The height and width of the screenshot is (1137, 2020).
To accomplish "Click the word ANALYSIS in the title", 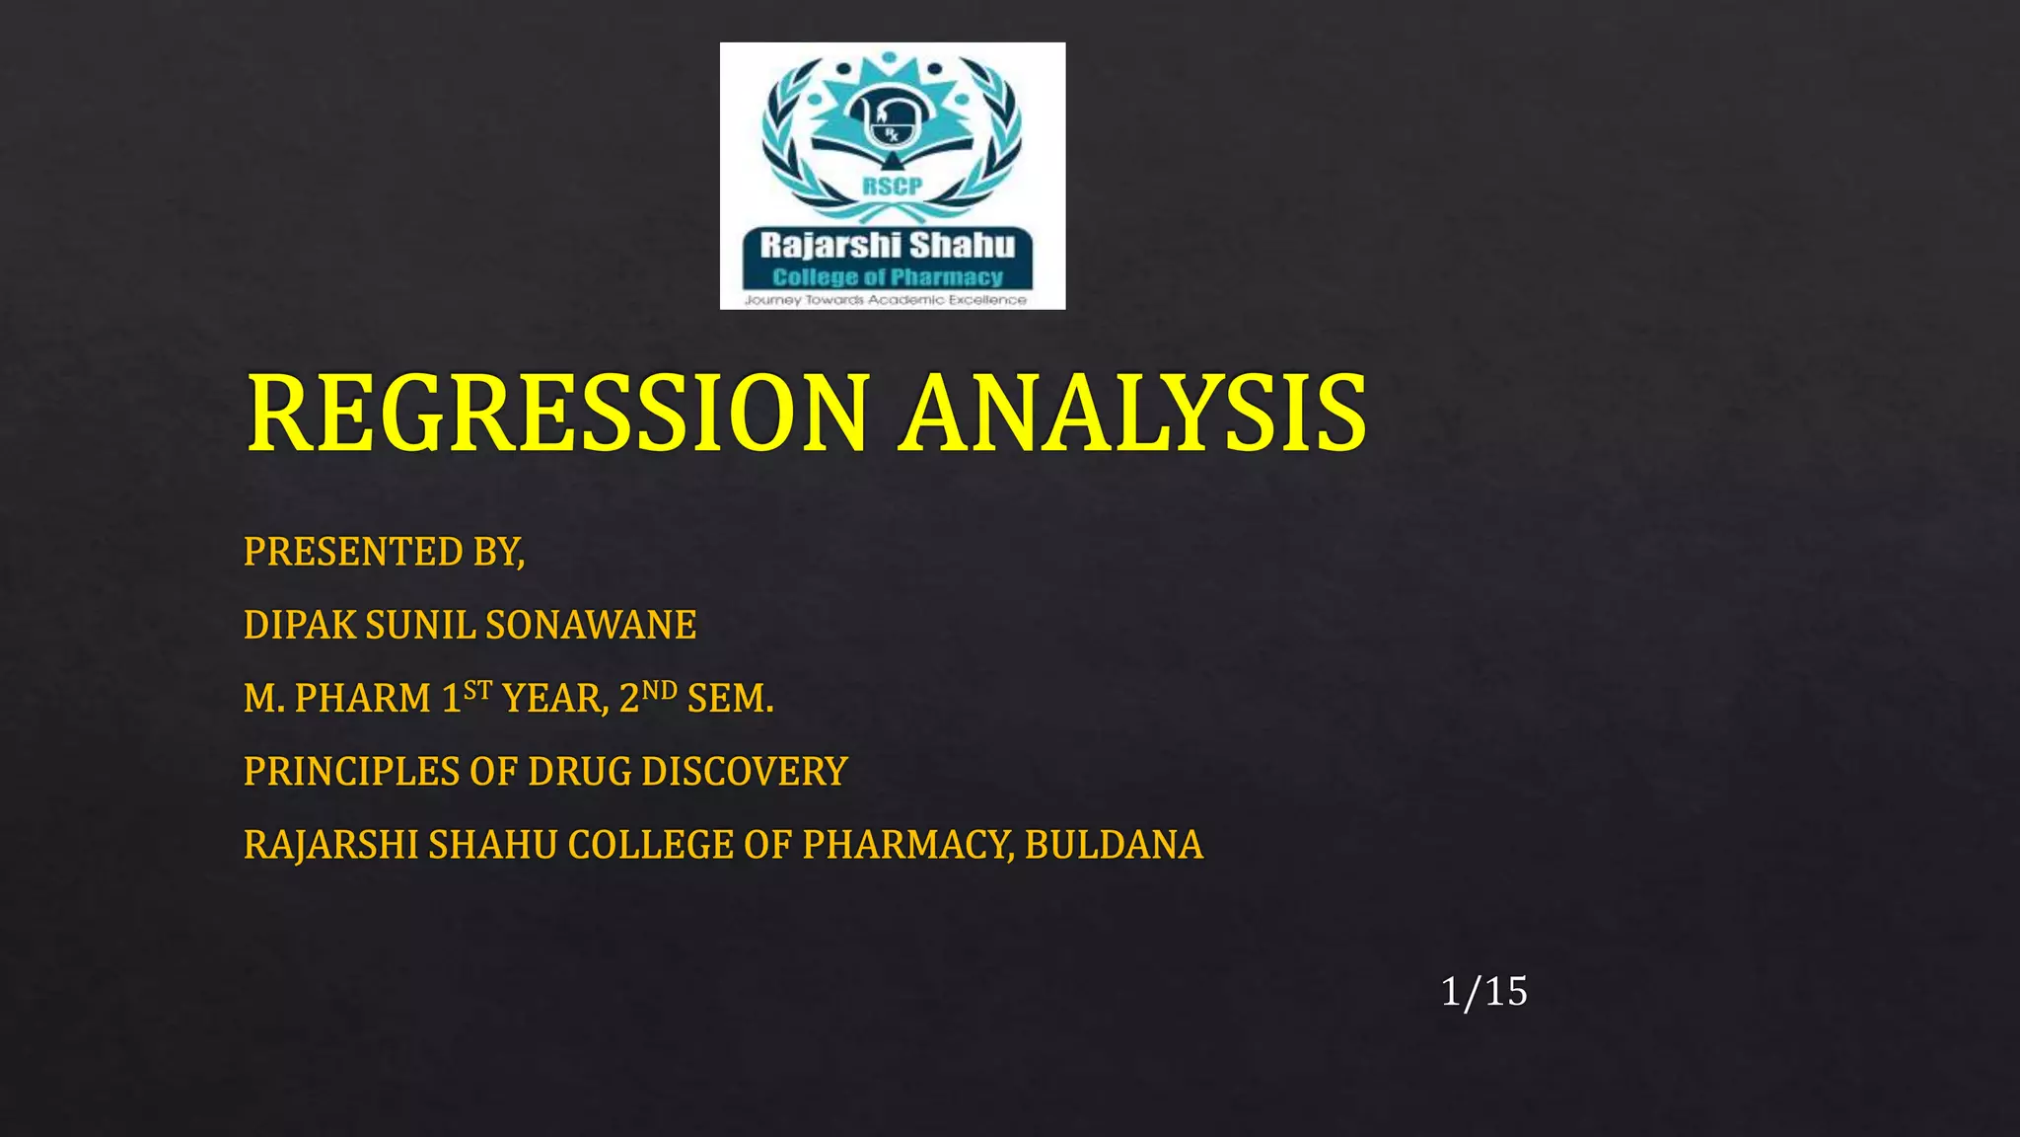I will pyautogui.click(x=1134, y=414).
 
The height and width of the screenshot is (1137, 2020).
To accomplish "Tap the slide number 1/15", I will pyautogui.click(x=1483, y=992).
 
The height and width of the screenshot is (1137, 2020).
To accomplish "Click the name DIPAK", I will pyautogui.click(x=300, y=626).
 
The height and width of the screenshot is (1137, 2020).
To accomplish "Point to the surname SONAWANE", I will pyautogui.click(x=591, y=626).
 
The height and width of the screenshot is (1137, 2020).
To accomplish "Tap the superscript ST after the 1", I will pyautogui.click(x=478, y=690).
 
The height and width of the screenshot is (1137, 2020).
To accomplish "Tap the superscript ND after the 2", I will pyautogui.click(x=660, y=690).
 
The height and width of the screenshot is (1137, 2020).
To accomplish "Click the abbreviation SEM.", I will pyautogui.click(x=730, y=699).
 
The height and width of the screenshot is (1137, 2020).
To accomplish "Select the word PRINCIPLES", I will pyautogui.click(x=351, y=772).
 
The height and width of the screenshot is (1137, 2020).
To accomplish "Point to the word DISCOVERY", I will pyautogui.click(x=745, y=772).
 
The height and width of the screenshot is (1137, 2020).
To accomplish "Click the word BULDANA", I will pyautogui.click(x=1114, y=845).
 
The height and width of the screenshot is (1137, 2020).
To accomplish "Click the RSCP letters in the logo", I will pyautogui.click(x=893, y=187).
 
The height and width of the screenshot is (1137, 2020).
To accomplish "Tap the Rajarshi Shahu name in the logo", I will pyautogui.click(x=888, y=245).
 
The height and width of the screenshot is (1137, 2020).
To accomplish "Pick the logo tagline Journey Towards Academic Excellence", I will pyautogui.click(x=886, y=299).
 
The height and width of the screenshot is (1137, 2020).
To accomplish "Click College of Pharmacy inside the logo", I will pyautogui.click(x=888, y=277).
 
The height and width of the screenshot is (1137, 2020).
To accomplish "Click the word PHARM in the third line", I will pyautogui.click(x=363, y=699).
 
